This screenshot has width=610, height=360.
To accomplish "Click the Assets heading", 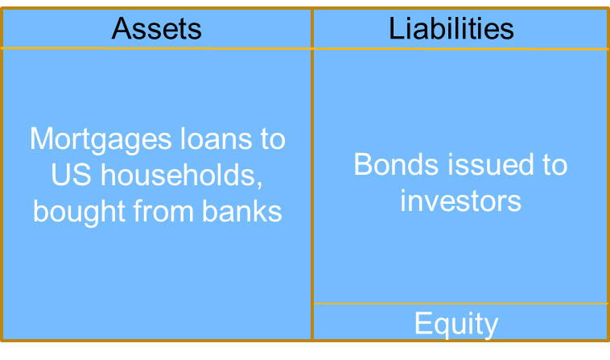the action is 156,28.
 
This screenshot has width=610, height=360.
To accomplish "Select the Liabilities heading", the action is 451,28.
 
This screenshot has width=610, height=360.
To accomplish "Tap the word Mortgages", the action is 101,140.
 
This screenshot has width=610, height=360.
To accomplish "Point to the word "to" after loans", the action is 273,139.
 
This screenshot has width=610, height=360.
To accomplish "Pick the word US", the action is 71,175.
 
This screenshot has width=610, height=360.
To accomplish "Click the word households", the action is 178,174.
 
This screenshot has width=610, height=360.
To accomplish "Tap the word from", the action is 163,211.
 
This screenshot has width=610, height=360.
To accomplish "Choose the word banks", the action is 242,211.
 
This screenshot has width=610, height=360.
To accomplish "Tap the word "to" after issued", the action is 555,165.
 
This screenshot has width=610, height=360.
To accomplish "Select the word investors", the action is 460,201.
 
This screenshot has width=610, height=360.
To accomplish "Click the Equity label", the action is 456,325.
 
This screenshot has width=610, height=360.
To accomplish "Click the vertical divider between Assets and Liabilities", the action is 312,174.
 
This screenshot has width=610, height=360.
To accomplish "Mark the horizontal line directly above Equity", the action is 460,303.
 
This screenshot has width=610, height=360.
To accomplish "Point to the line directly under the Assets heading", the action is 156,48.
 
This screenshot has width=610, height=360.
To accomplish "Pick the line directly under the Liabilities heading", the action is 460,49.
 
